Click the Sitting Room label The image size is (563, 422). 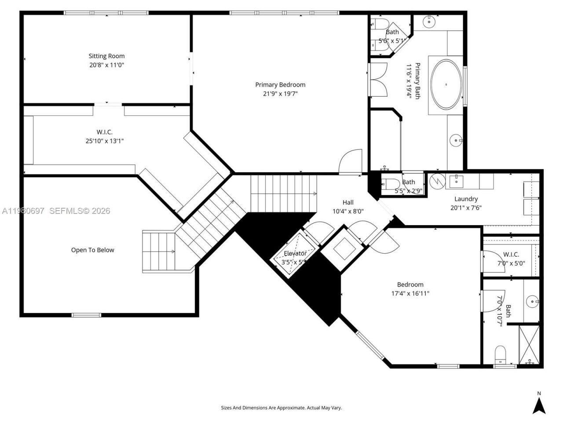coord(106,56)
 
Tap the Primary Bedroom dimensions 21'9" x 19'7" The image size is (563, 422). coord(280,94)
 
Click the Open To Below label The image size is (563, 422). coord(92,250)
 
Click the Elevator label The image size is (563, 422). coord(295,254)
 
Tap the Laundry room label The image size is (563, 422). coord(466,199)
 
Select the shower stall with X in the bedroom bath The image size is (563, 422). coord(529,344)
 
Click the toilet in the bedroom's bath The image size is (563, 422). coord(500,354)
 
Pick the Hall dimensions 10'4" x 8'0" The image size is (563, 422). coord(348,211)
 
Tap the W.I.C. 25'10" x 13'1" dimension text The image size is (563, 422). coord(105,141)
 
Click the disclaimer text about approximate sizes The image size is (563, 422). coord(281,408)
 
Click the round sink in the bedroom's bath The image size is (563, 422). coord(533,302)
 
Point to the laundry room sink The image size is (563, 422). coord(457,180)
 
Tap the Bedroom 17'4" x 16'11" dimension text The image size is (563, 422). coord(410,294)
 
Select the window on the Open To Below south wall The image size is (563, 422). coord(86,315)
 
